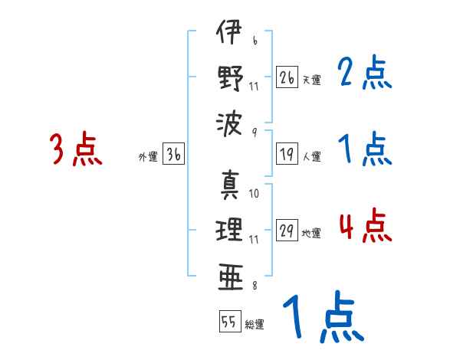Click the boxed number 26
click(287, 77)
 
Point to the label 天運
click(311, 79)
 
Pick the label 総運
click(254, 324)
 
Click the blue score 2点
click(365, 74)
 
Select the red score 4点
click(365, 227)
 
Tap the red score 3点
click(76, 149)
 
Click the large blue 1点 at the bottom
click(322, 318)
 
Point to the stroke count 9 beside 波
click(254, 132)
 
